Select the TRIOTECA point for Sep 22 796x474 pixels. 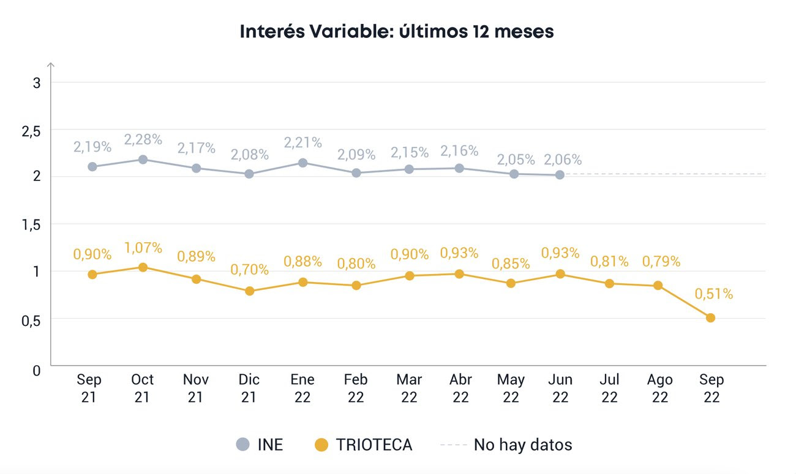coord(710,317)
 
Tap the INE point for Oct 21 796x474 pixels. coord(143,160)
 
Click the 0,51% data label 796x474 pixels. coord(714,294)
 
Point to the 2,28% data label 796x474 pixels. coord(143,139)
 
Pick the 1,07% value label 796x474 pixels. coord(143,248)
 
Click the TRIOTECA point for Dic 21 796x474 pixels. coord(249,291)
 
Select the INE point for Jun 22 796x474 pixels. coord(560,175)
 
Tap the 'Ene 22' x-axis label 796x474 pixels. coord(302,388)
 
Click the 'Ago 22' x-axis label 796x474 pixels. coord(659,388)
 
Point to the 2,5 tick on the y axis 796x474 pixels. coord(32,131)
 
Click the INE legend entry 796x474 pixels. coord(260,445)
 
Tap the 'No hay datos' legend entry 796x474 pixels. coord(506,445)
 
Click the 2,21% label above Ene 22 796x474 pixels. coord(302,143)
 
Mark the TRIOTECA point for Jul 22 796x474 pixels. coord(609,284)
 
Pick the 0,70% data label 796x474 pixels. coord(249,269)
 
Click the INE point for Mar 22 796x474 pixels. coord(408,169)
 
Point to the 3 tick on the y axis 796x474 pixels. coord(36,83)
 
